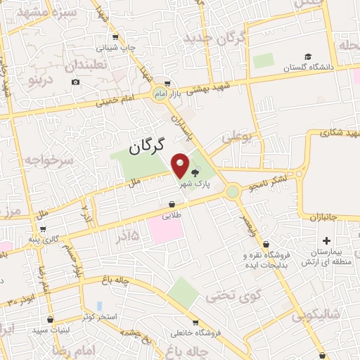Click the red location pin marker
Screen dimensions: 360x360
181,165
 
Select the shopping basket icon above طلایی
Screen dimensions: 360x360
171,205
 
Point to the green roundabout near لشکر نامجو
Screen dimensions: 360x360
232,191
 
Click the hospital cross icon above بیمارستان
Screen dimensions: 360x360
326,240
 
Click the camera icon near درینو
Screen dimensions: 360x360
75,82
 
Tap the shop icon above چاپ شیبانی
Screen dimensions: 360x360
115,37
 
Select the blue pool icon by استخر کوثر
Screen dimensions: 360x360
99,307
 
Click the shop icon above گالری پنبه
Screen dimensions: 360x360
44,229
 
